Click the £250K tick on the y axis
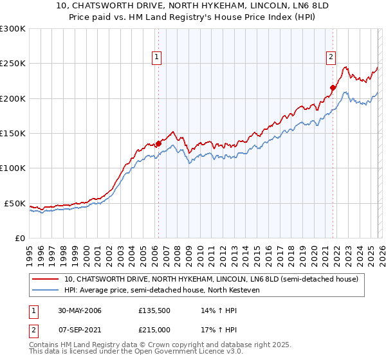[x=13, y=64]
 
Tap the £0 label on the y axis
[x=20, y=238]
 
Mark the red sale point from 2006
[x=158, y=143]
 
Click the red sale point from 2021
[x=333, y=88]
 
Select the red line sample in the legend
[x=45, y=279]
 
